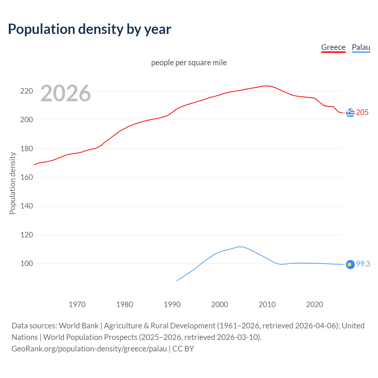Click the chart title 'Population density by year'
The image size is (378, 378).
coord(89,29)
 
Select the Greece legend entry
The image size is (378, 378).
coord(333,47)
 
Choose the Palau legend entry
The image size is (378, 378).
coord(361,47)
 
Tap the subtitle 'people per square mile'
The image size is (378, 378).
coord(189,63)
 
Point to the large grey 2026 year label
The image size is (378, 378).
coord(66,93)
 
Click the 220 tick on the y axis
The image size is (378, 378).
coord(26,91)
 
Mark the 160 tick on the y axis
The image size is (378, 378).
coord(26,177)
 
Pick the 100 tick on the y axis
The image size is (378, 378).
coord(26,264)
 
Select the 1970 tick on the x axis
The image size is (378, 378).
coord(77,304)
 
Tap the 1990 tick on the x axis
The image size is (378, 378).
coord(172,304)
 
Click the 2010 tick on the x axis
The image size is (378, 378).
coord(267,304)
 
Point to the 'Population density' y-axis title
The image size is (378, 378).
coord(12,183)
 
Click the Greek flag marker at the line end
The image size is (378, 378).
coord(350,113)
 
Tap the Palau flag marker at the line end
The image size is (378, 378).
coord(350,265)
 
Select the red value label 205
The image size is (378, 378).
coord(362,113)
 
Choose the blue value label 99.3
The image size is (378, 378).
coord(363,264)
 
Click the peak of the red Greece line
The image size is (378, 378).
coord(267,86)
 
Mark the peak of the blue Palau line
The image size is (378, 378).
coord(240,247)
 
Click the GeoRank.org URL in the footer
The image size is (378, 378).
coord(89,349)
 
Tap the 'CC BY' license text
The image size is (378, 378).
coord(183,349)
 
